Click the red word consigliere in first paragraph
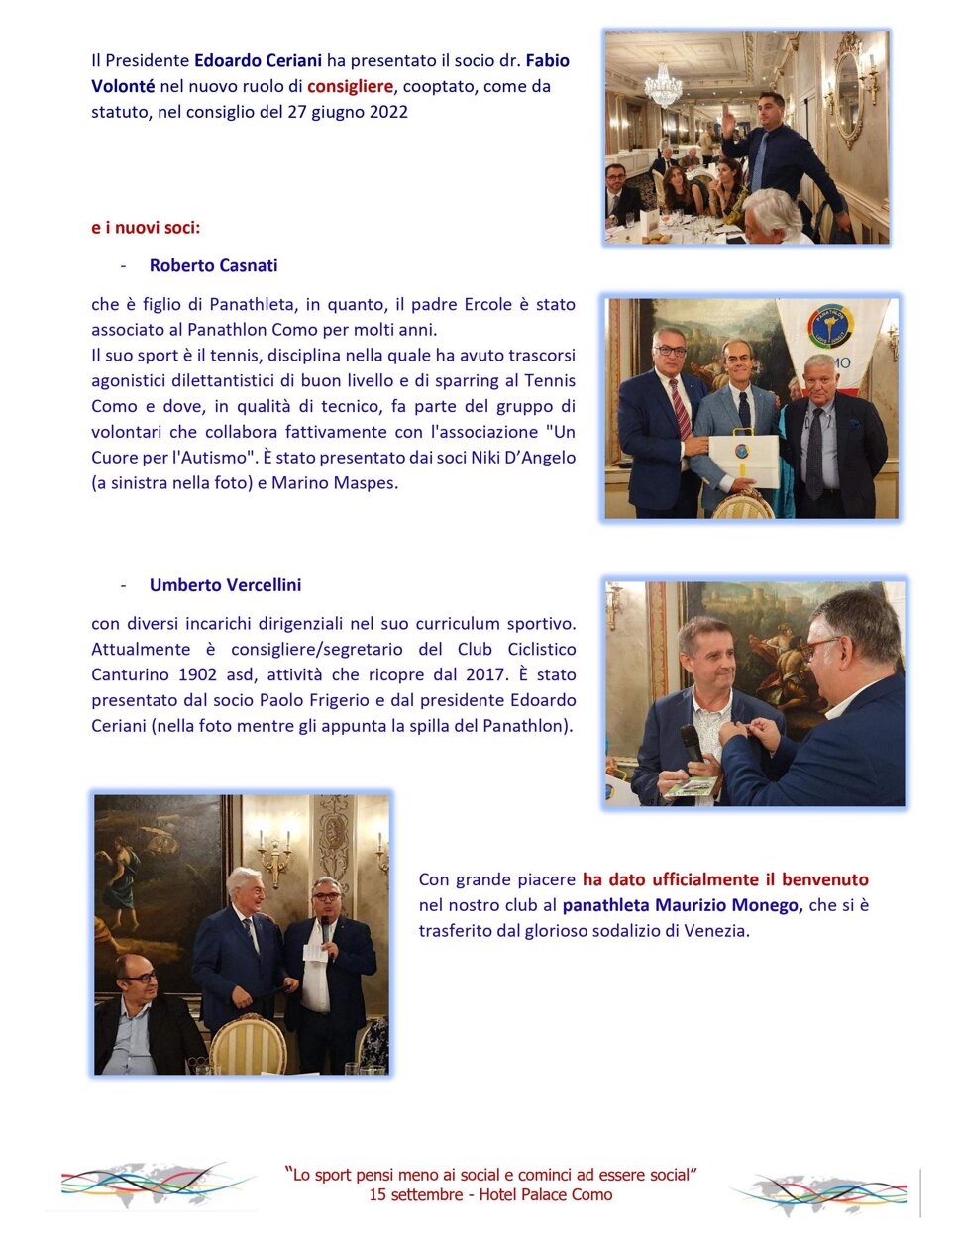[x=350, y=86]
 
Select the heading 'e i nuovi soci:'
[x=146, y=228]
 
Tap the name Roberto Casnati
[x=213, y=265]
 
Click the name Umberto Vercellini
[x=225, y=585]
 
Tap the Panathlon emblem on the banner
[x=829, y=326]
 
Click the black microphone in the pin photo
[x=691, y=744]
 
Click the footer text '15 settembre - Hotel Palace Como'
[x=490, y=1195]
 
